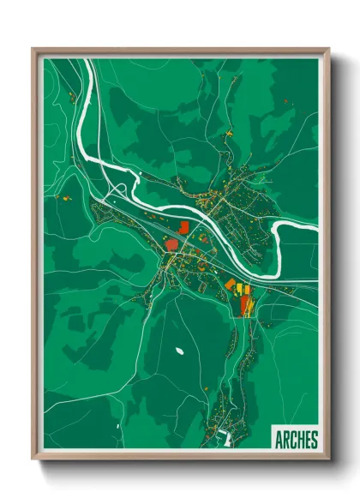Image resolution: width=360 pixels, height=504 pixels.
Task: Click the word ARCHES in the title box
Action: pos(297,441)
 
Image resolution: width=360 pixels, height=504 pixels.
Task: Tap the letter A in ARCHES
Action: pos(279,441)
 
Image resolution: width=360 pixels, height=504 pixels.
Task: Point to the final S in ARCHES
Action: pos(314,441)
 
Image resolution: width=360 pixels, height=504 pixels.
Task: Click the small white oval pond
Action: pos(181,351)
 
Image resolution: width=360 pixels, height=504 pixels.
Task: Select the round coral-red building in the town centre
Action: pos(171,244)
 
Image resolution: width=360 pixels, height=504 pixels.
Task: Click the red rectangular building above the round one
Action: pos(183,226)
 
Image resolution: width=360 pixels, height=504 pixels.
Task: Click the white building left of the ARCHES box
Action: pos(227,440)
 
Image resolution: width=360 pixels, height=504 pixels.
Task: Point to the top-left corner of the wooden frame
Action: pos(33,50)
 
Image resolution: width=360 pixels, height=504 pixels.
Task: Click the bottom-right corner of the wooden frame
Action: pos(328,460)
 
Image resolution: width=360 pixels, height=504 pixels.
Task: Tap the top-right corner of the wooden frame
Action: pos(328,50)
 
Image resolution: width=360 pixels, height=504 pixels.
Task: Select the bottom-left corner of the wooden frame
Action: pos(33,460)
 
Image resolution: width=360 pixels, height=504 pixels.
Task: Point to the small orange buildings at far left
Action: pos(64,199)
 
